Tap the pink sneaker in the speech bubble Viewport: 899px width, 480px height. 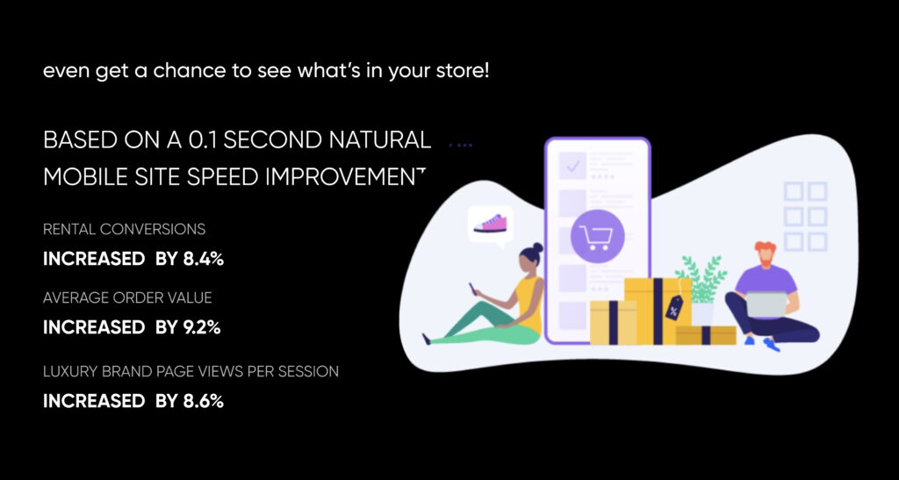tap(490, 223)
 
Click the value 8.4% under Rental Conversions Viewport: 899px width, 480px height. tap(204, 259)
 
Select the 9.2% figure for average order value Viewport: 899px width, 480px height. tap(202, 327)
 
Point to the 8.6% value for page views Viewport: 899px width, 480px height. tap(204, 401)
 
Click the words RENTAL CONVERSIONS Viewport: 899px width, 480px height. tap(125, 229)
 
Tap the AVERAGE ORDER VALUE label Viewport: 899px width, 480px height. tap(127, 297)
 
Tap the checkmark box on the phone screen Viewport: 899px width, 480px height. tap(572, 166)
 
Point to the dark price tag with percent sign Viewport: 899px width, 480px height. tap(673, 308)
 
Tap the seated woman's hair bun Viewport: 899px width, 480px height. tap(537, 248)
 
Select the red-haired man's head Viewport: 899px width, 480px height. tap(765, 254)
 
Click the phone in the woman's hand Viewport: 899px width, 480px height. tap(471, 288)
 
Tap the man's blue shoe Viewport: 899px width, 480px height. tap(771, 344)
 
